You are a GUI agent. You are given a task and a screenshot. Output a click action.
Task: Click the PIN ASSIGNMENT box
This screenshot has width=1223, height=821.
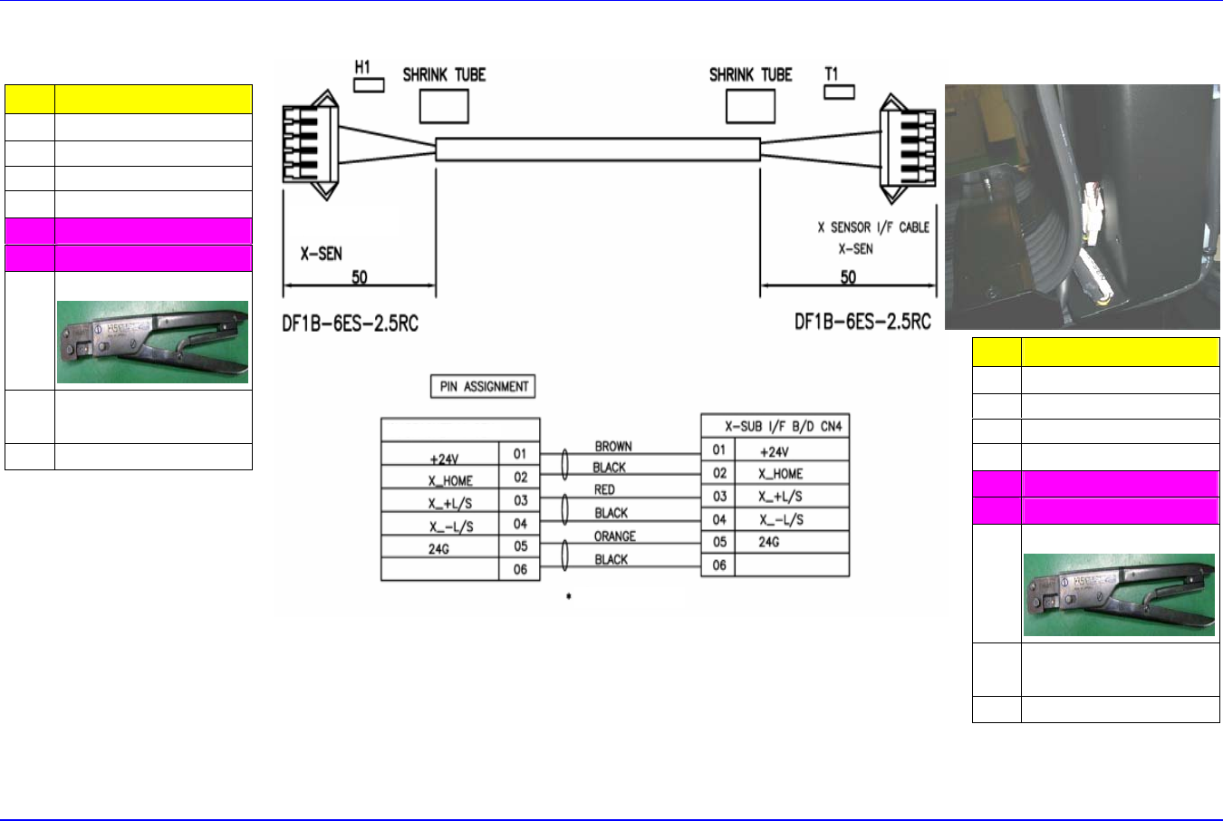point(484,387)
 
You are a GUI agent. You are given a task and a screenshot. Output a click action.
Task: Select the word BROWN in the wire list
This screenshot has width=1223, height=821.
point(613,446)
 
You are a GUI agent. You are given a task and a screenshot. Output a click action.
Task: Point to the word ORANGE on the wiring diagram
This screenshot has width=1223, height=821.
point(614,536)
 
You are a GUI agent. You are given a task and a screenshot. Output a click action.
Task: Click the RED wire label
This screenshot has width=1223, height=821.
point(604,489)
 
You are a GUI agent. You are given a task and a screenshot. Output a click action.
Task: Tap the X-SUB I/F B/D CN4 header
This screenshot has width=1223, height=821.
point(775,426)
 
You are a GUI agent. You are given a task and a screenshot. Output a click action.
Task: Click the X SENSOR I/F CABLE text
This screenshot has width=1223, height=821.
point(873,227)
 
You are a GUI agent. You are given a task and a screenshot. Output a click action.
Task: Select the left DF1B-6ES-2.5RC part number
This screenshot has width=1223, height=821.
point(350,323)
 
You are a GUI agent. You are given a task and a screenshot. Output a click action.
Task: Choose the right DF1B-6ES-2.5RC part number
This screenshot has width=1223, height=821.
point(862,322)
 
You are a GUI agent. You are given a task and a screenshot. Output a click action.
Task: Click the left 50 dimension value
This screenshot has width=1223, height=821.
point(360,276)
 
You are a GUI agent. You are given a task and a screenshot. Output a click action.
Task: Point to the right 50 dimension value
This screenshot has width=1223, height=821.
point(848,276)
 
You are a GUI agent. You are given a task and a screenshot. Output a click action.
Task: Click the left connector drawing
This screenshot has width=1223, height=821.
point(310,146)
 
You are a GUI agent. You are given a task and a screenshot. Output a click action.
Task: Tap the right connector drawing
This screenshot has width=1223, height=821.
point(908,146)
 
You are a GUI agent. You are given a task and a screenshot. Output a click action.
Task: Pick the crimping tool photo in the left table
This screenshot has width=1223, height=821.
point(152,342)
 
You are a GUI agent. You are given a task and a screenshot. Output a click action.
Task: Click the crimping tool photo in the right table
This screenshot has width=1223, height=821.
point(1119,594)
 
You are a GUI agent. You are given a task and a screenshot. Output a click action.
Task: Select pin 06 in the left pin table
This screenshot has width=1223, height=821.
point(520,569)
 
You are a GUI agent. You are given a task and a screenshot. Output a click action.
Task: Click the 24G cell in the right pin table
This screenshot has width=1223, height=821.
point(769,542)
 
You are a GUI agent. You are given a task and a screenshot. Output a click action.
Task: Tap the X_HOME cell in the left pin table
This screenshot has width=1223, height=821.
point(450,480)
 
